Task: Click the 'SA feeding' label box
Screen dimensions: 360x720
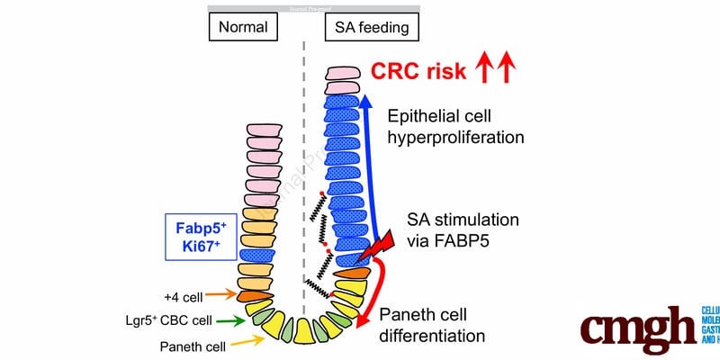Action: [370, 28]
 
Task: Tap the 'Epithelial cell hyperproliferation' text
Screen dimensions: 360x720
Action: [454, 127]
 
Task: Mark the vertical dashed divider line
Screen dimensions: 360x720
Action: [303, 180]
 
